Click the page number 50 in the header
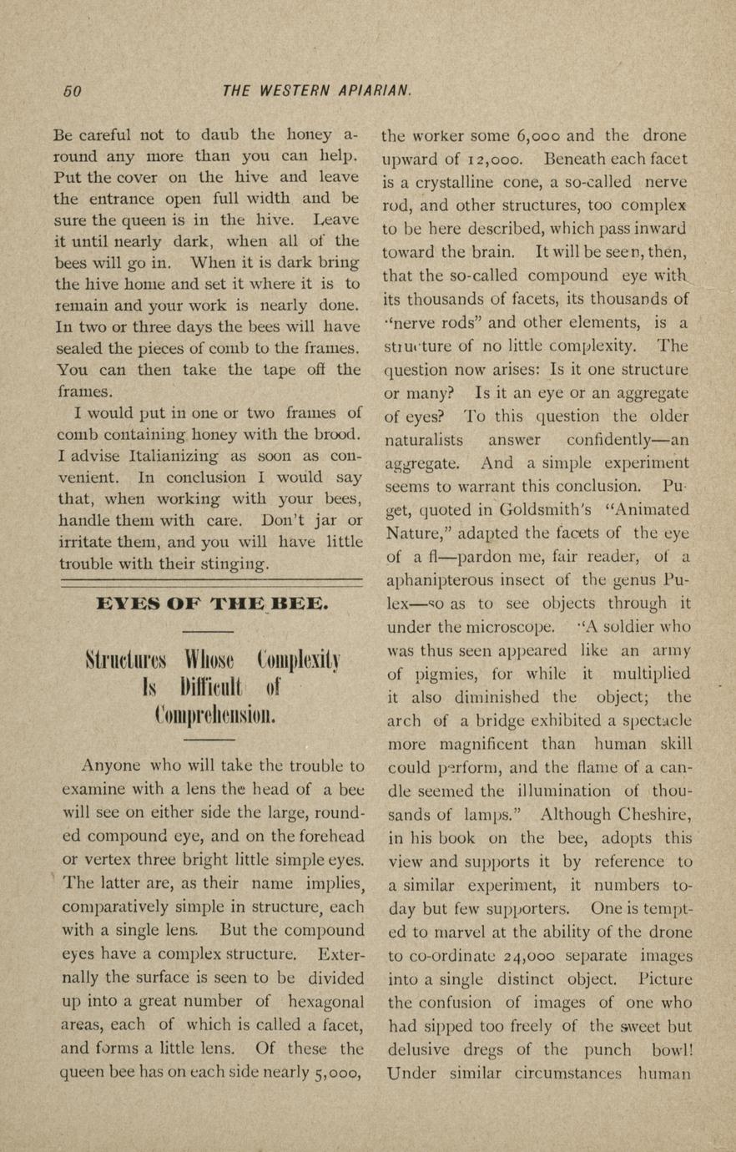73,91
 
